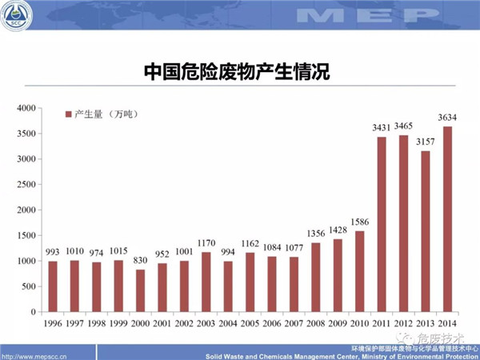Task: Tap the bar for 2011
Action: (x=382, y=224)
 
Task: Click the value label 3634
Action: (x=446, y=118)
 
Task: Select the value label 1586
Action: (x=359, y=222)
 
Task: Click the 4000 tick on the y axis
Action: (x=27, y=108)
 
